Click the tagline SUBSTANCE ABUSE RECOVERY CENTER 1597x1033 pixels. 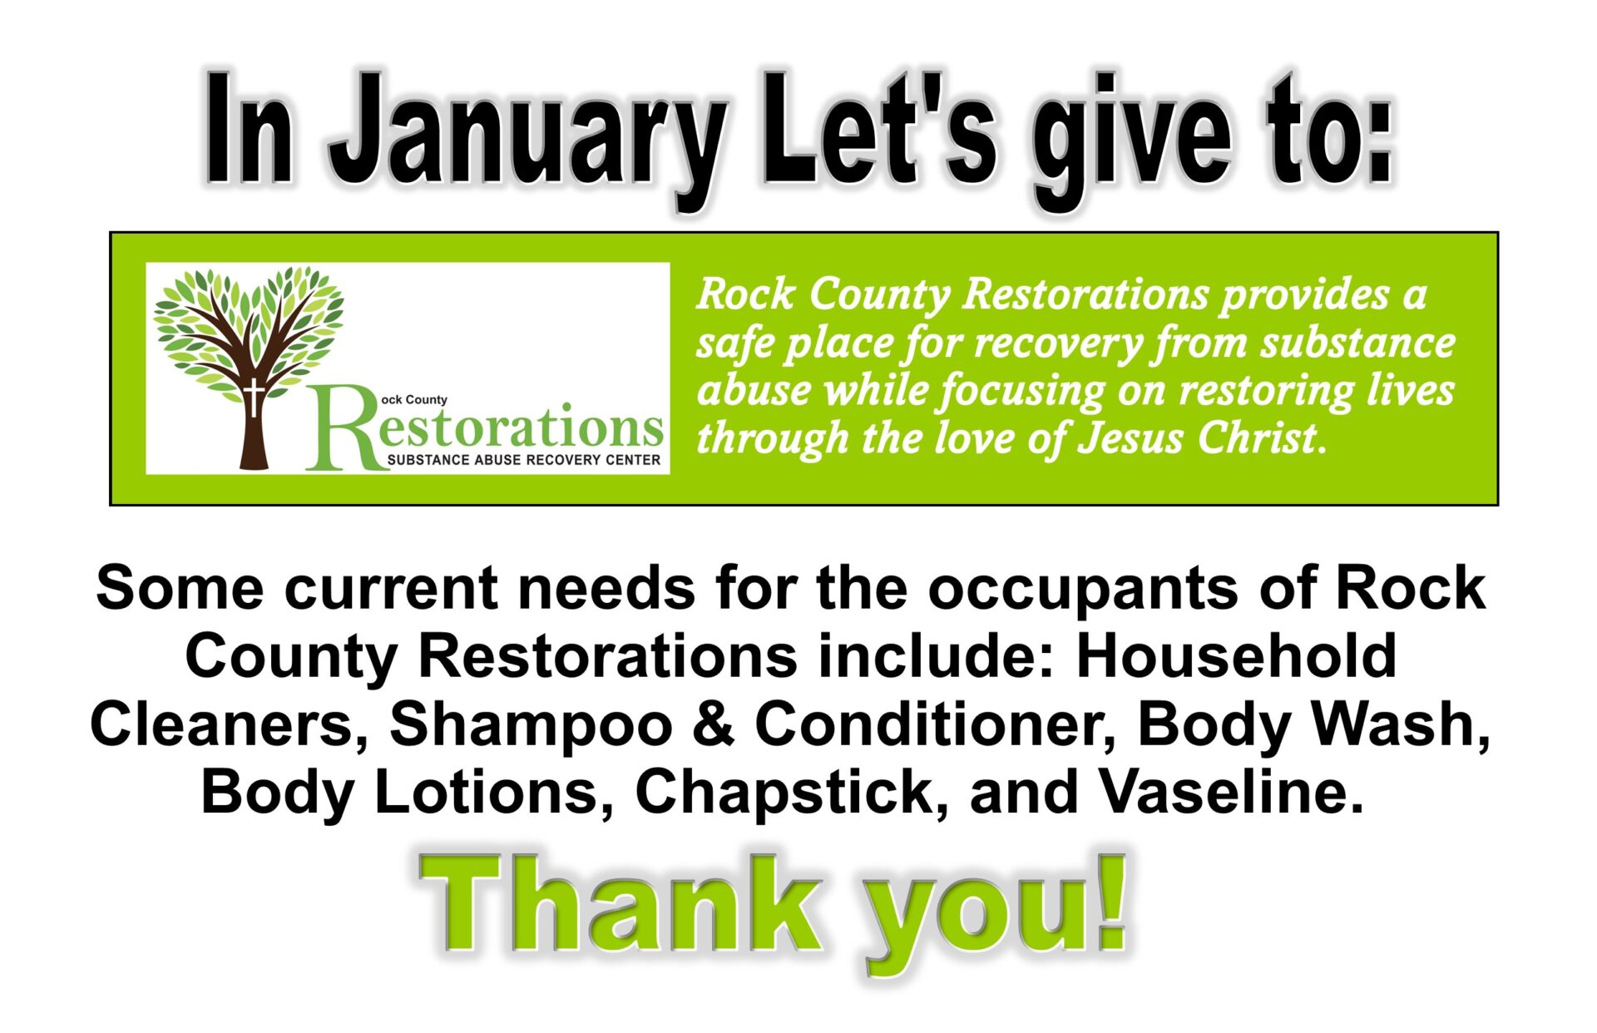coord(524,460)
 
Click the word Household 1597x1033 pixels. coord(1236,656)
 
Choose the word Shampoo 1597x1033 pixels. coord(531,726)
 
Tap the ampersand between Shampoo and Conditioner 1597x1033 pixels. coord(714,724)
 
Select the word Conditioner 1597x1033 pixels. coord(935,724)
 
